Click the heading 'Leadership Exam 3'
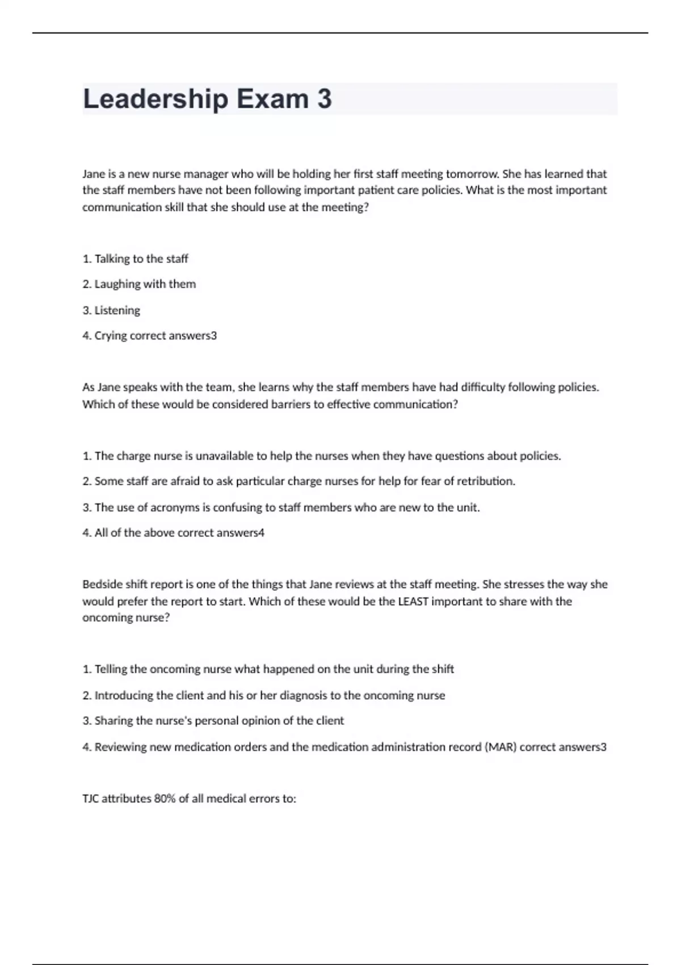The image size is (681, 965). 207,99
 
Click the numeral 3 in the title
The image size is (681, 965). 324,99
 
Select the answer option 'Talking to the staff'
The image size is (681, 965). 141,259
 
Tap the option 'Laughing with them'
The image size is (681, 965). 145,284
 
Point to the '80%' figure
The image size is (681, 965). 165,799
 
